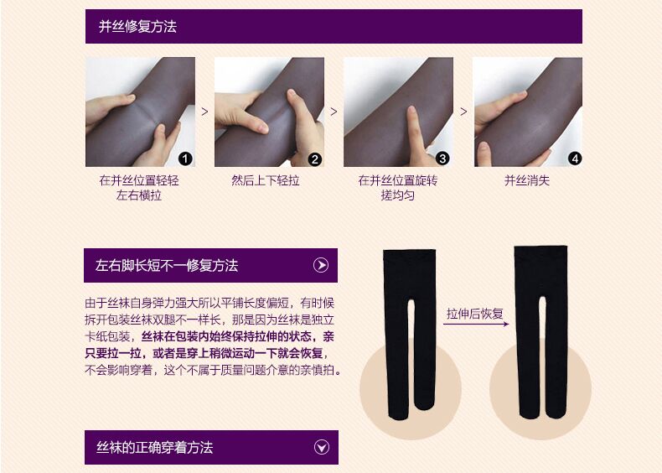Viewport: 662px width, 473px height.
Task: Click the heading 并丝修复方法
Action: (x=138, y=27)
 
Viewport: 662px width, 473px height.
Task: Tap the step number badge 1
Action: (x=186, y=158)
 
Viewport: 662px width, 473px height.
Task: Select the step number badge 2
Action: (x=315, y=159)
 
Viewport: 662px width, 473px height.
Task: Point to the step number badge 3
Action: (x=443, y=158)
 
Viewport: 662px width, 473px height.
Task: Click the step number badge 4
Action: (x=574, y=158)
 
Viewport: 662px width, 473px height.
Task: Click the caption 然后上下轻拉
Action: (x=266, y=180)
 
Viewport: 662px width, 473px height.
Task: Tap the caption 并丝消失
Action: (x=527, y=180)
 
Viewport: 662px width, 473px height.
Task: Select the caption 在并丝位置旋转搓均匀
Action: (x=398, y=188)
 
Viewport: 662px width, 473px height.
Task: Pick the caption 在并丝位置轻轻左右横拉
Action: (x=140, y=188)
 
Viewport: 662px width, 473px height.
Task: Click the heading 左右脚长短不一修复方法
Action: (x=167, y=266)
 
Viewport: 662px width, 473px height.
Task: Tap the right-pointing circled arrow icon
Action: (x=321, y=266)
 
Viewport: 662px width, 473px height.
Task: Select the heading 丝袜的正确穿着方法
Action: (x=154, y=448)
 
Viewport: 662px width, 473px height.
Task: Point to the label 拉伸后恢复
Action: (x=474, y=314)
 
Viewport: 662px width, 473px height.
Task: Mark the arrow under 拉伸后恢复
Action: (x=474, y=324)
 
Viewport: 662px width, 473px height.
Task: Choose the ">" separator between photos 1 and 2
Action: (x=204, y=111)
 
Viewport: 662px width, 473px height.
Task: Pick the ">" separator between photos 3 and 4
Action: (x=463, y=111)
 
